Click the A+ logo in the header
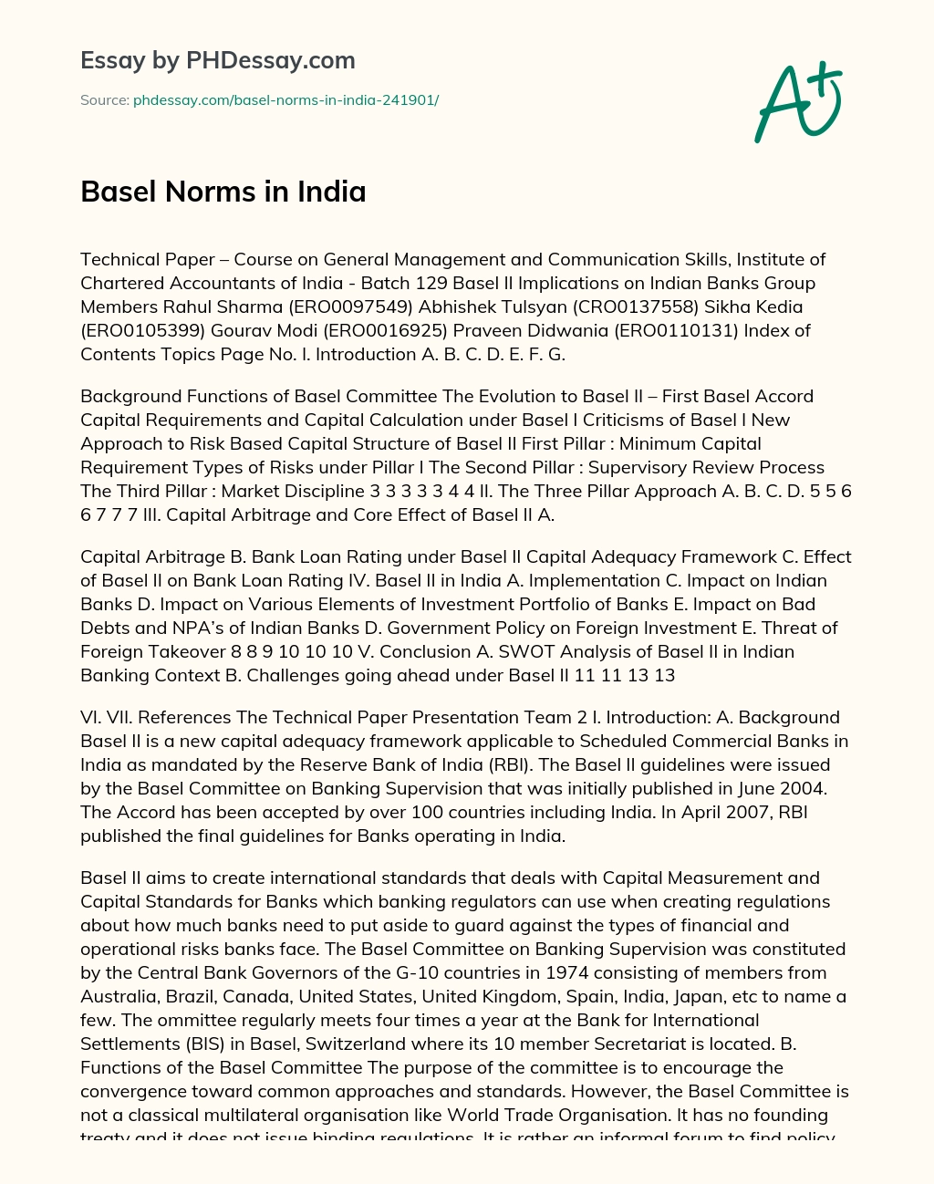click(797, 101)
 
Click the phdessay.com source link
click(285, 100)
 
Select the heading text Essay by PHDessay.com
click(217, 61)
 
